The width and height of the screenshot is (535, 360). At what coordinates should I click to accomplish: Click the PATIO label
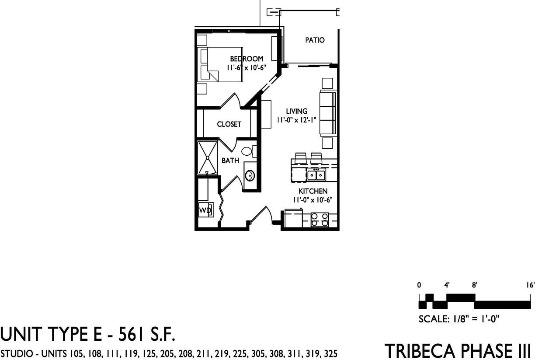pyautogui.click(x=315, y=40)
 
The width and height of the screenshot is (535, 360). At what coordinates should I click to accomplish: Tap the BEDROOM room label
pyautogui.click(x=247, y=59)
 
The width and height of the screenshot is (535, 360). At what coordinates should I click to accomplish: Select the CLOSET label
pyautogui.click(x=229, y=124)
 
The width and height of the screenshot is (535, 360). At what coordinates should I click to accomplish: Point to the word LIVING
pyautogui.click(x=297, y=111)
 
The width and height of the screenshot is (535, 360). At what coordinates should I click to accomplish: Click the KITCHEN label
pyautogui.click(x=313, y=191)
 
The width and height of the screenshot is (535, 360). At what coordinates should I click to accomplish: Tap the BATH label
pyautogui.click(x=230, y=161)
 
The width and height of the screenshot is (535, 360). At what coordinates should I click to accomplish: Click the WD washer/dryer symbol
pyautogui.click(x=205, y=210)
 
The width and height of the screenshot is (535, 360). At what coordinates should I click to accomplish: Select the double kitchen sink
pyautogui.click(x=315, y=175)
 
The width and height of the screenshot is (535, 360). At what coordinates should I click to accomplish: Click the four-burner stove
pyautogui.click(x=320, y=220)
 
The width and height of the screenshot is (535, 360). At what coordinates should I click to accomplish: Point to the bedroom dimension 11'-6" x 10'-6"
pyautogui.click(x=247, y=67)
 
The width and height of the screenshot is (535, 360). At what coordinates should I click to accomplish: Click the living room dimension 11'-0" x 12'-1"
pyautogui.click(x=296, y=120)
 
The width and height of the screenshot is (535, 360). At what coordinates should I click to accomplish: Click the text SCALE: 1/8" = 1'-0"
pyautogui.click(x=459, y=319)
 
